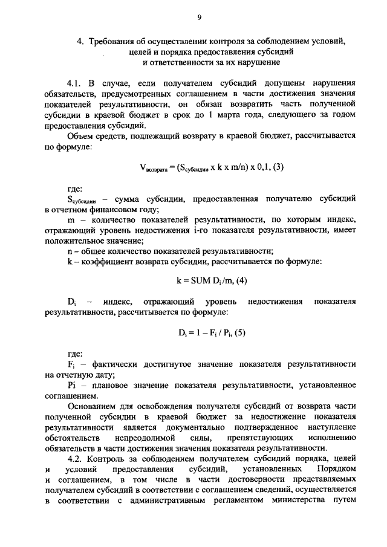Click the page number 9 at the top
(198, 19)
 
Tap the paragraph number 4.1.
(76, 83)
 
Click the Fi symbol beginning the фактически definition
(71, 364)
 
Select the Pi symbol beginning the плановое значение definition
(71, 386)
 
